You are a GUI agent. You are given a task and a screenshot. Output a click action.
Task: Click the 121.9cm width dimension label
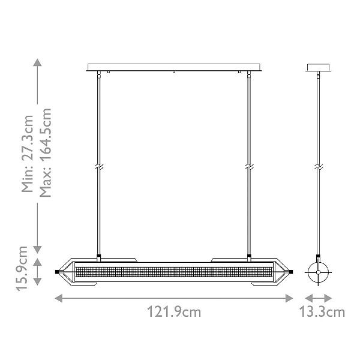pos(174,312)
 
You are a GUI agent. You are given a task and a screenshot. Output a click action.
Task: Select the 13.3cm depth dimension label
pos(322,312)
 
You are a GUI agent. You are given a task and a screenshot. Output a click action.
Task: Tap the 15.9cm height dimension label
pos(22,269)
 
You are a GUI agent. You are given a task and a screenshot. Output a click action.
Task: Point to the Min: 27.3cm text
pos(27,154)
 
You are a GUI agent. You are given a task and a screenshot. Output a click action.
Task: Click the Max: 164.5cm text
pos(45,152)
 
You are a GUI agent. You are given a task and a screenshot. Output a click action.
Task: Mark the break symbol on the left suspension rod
pos(99,167)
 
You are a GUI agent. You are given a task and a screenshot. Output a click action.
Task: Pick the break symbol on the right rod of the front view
pos(249,167)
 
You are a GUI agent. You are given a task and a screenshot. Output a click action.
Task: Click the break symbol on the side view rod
pos(319,167)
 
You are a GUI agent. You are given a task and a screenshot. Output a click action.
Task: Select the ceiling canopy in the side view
pos(319,67)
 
